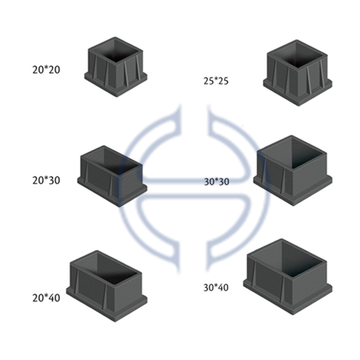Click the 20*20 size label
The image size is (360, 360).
(46, 70)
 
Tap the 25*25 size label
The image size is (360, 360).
(216, 81)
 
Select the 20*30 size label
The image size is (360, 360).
(46, 180)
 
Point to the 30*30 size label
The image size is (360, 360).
(217, 181)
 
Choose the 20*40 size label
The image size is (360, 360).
(46, 298)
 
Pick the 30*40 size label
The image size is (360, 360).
(216, 287)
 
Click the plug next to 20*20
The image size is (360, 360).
(116, 67)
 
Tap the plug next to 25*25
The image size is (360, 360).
(297, 73)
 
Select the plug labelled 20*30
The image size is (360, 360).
(112, 176)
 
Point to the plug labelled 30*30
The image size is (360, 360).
(293, 171)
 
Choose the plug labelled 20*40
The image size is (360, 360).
(107, 286)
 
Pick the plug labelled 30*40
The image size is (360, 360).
(288, 276)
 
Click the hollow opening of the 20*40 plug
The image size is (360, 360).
(107, 268)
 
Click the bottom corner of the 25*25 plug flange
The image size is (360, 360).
(298, 106)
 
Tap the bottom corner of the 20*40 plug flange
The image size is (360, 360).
(115, 322)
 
